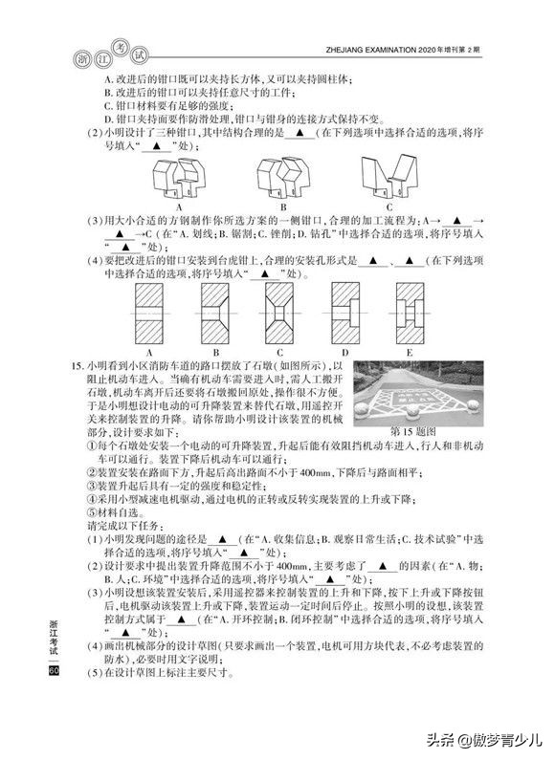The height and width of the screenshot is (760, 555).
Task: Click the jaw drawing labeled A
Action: (x=179, y=176)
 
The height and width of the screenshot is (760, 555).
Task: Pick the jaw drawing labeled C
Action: (x=389, y=175)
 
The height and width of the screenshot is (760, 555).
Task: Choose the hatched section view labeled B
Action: (x=213, y=315)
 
